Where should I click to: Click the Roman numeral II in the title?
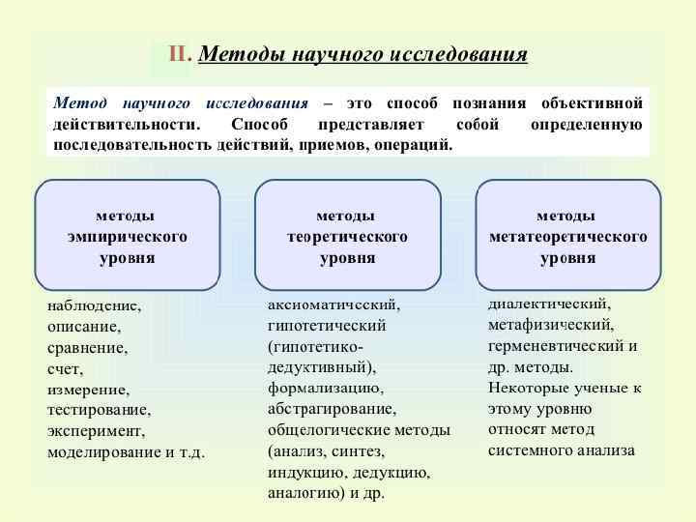(x=178, y=54)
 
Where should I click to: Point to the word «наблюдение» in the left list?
(x=93, y=305)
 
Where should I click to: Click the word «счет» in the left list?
(x=65, y=369)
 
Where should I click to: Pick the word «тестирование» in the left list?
(x=99, y=410)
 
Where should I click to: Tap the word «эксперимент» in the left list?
(x=95, y=431)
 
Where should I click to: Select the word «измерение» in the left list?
(x=88, y=390)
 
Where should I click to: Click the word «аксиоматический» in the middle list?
(x=333, y=304)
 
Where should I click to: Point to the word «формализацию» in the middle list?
(x=325, y=389)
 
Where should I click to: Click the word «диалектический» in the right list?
(x=548, y=304)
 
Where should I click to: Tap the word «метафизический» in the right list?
(x=549, y=325)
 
